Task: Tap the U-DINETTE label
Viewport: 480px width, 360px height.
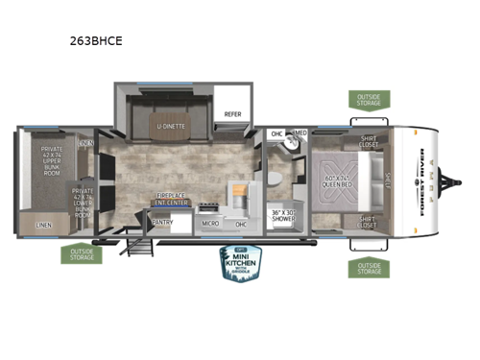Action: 172,126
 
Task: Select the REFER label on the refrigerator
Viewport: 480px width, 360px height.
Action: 233,113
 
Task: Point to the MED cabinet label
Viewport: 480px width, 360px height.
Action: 300,133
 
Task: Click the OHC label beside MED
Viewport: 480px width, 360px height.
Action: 277,133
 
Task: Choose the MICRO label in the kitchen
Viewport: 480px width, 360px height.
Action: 211,223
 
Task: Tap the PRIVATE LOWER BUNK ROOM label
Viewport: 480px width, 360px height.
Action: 84,203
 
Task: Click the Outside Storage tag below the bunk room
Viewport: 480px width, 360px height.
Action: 82,254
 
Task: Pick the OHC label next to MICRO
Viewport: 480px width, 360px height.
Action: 240,223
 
